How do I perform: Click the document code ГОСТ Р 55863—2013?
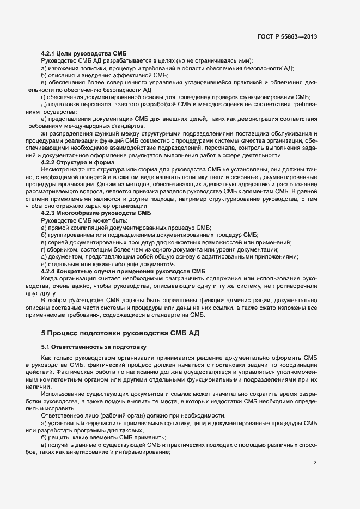pos(286,37)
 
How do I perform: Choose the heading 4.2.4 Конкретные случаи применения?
pos(123,271)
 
